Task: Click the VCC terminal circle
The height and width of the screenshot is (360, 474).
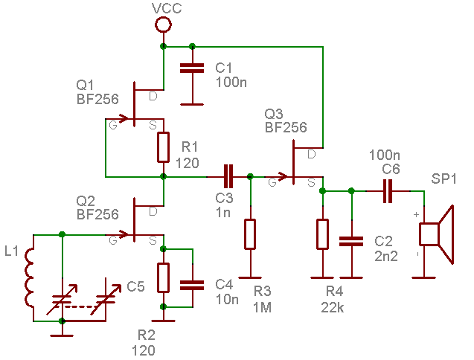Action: coord(163,25)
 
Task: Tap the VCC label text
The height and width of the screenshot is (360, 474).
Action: coord(167,8)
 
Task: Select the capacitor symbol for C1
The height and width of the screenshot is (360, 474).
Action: coord(192,68)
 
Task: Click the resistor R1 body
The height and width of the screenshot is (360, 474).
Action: coord(163,147)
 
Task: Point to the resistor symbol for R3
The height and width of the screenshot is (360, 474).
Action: coord(250,234)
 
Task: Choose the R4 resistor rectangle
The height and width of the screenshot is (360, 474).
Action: coord(322,234)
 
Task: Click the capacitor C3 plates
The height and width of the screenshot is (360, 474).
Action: coord(228,176)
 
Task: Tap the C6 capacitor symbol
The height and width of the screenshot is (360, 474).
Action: coord(388,191)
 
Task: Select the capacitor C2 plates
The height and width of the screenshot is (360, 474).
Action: coord(351,242)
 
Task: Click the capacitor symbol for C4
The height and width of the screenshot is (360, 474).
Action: coord(192,286)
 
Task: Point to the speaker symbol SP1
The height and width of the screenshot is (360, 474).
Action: coord(437,234)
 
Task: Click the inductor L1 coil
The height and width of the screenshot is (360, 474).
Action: coord(29,278)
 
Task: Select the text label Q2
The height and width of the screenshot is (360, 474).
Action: coord(86,201)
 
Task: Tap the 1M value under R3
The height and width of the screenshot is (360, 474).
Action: coord(262,307)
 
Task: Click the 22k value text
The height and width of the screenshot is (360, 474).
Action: coord(332,307)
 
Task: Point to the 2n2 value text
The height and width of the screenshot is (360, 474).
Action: coord(386,257)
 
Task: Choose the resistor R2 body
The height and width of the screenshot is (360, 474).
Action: coord(163,277)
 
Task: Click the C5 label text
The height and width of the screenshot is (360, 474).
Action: coord(135,286)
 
